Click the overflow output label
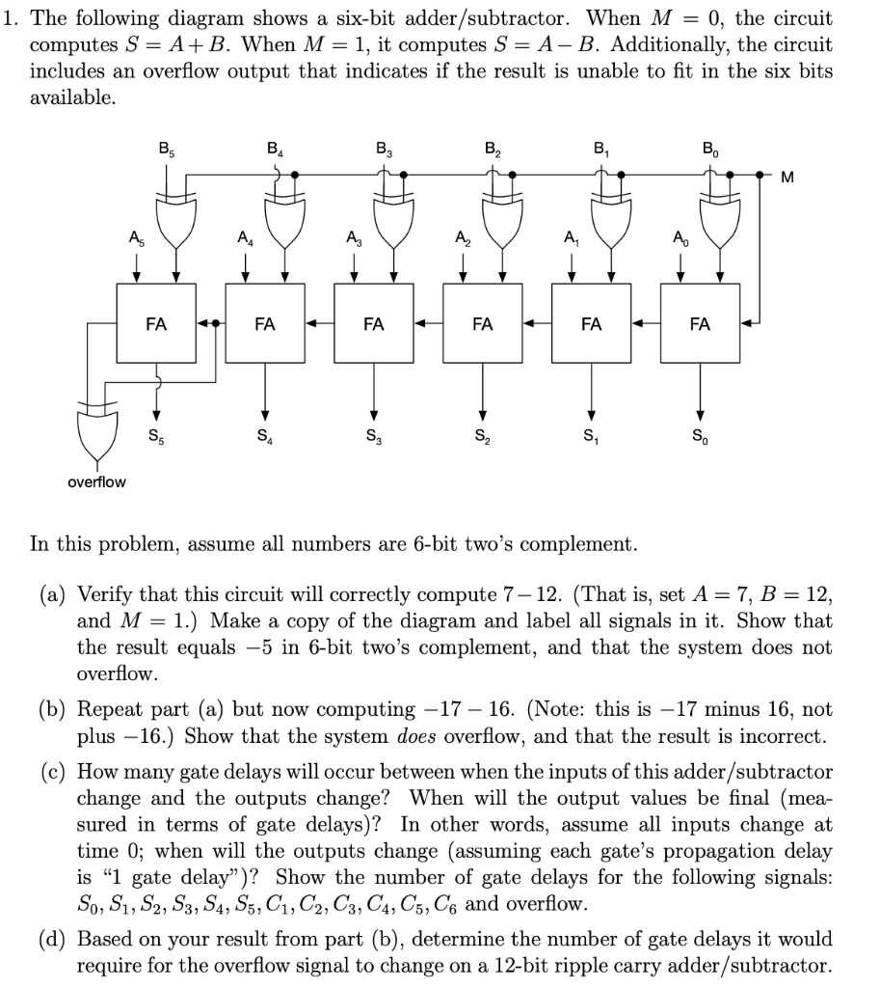pos(95,480)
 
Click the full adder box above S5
pos(155,325)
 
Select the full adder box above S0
pos(701,325)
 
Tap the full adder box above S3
pos(374,325)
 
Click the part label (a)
pos(54,591)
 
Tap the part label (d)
pos(54,938)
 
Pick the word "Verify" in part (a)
pos(104,591)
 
